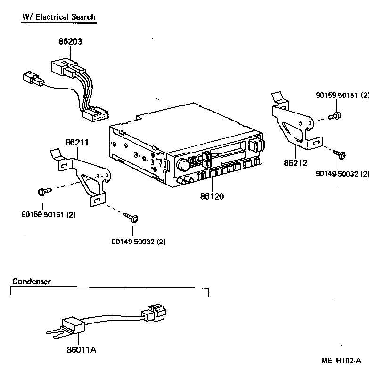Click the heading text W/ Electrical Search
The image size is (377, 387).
(x=58, y=17)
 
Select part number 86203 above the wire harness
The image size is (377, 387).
(x=70, y=41)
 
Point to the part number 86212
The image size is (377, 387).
(x=295, y=163)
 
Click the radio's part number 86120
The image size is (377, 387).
(x=212, y=196)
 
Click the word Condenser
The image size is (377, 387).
(x=31, y=282)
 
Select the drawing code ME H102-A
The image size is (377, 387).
(x=341, y=361)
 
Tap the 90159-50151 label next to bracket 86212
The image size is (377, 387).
(x=342, y=96)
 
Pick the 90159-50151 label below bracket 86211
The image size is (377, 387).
(x=49, y=215)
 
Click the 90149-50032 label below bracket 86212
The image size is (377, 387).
(x=342, y=174)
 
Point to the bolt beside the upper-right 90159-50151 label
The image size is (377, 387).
(x=336, y=115)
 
